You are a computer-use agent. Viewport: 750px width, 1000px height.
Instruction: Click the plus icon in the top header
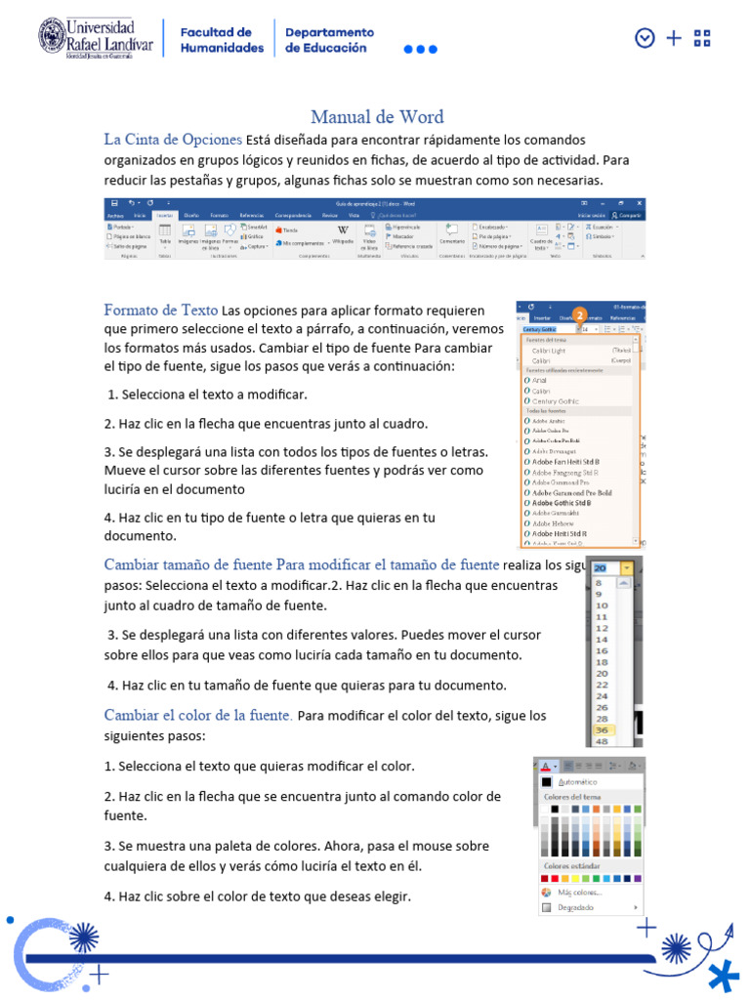coord(673,38)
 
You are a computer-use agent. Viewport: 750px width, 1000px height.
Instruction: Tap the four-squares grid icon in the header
coord(701,38)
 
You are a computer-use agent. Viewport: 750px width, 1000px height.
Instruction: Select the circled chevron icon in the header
coord(644,38)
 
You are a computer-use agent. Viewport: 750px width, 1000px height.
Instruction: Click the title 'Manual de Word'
coord(377,117)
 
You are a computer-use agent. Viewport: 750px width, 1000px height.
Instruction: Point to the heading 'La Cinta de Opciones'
coord(173,140)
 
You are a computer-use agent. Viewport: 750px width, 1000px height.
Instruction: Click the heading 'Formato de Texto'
coord(161,311)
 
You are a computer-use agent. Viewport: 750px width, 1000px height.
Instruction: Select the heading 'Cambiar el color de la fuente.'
coord(198,715)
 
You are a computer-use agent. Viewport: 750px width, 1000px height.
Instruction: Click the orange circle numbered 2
coord(579,315)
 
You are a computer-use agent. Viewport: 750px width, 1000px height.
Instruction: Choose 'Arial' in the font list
coord(543,381)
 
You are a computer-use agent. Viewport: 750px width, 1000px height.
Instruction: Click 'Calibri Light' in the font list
coord(549,350)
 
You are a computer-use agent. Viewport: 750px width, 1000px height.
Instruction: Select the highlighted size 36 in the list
coord(602,729)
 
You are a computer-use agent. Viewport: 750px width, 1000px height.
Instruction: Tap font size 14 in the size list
coord(602,639)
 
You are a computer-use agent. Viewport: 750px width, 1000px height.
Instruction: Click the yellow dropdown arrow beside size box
coord(625,567)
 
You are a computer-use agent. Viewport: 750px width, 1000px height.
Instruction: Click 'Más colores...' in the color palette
coord(579,892)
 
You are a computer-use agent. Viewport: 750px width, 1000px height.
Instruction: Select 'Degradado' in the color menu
coord(575,907)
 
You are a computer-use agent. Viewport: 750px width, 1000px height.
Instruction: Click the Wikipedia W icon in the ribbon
coord(343,229)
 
